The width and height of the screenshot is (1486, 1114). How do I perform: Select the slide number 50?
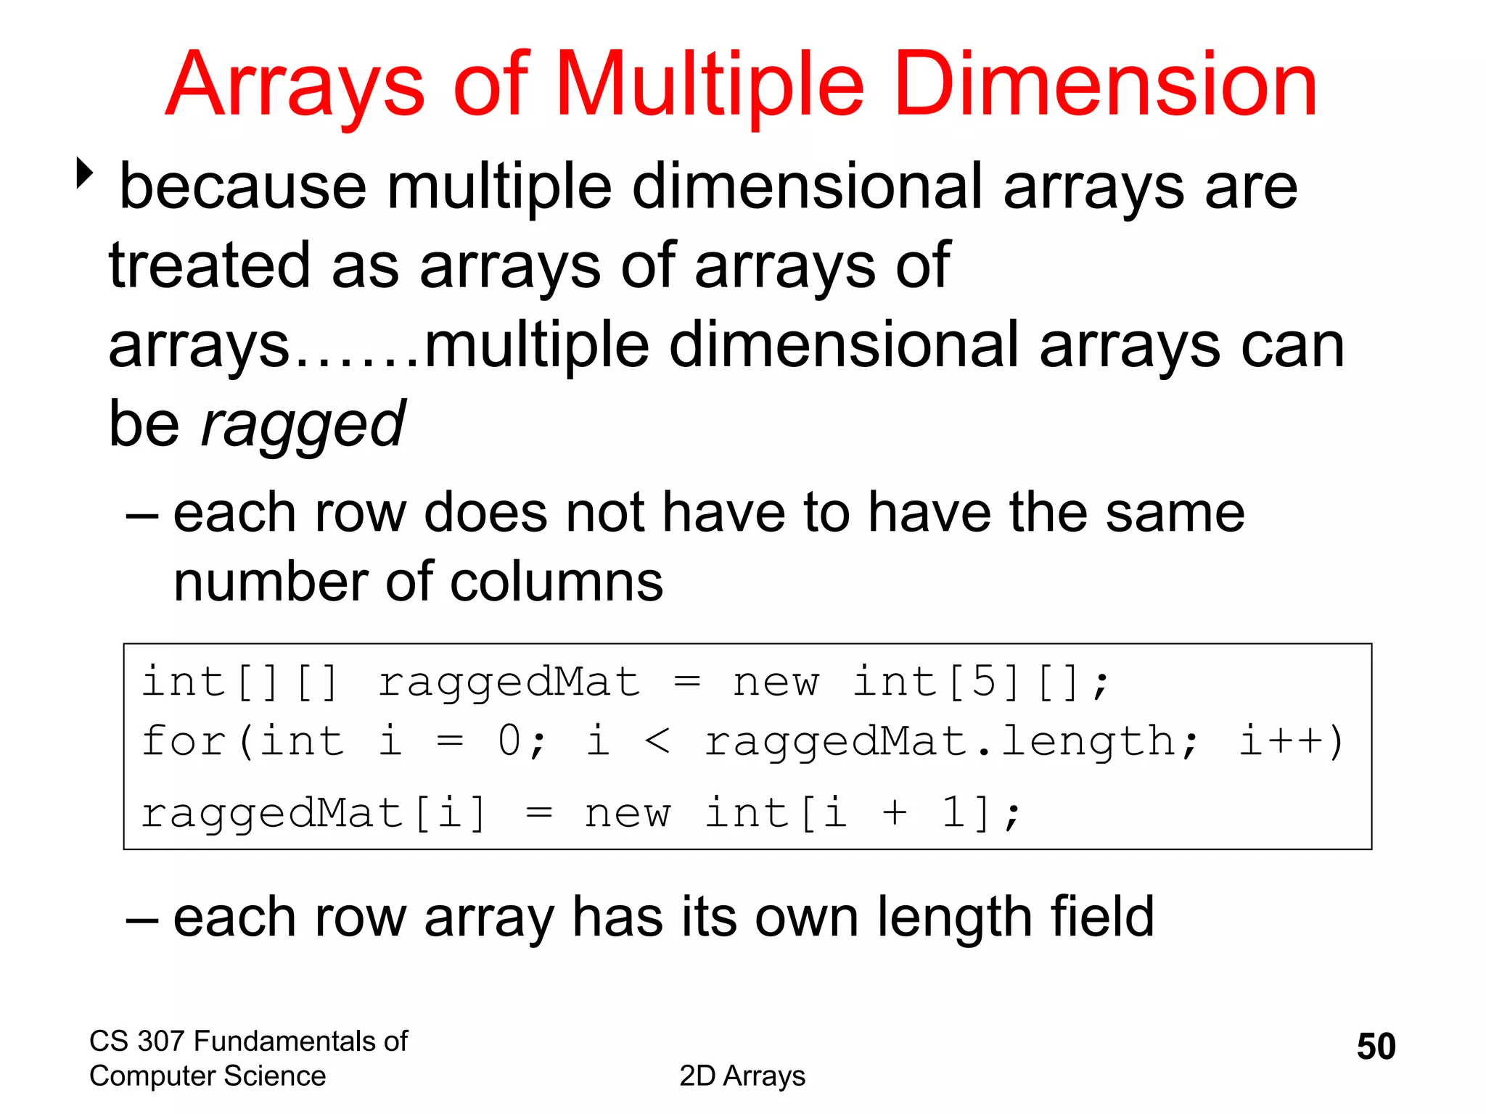pyautogui.click(x=1376, y=1047)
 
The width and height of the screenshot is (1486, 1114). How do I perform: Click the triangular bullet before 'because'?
pyautogui.click(x=85, y=174)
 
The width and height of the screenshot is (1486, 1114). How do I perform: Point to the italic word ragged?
pyautogui.click(x=303, y=424)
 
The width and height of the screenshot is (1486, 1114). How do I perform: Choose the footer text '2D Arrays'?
pyautogui.click(x=742, y=1076)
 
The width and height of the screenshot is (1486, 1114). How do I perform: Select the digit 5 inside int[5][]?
pyautogui.click(x=984, y=682)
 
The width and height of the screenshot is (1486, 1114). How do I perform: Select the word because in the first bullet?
pyautogui.click(x=242, y=187)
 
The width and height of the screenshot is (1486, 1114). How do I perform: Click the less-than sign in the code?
pyautogui.click(x=657, y=741)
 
